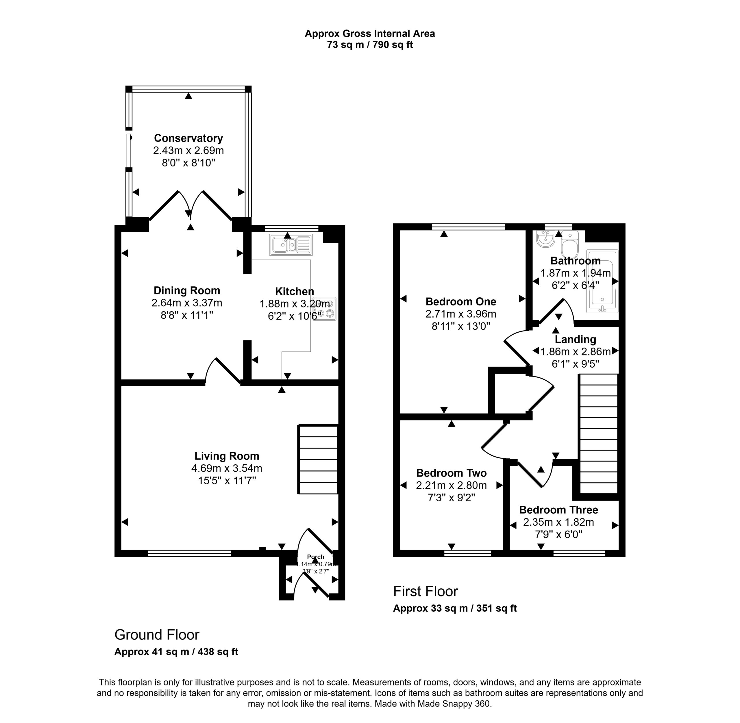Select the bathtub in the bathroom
(602, 281)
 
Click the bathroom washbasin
(546, 239)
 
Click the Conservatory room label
(188, 138)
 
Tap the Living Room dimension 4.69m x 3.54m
(227, 468)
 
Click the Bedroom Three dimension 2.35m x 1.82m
(558, 522)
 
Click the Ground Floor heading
(157, 635)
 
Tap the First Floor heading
(425, 591)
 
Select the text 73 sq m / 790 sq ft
(370, 45)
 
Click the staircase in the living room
(318, 459)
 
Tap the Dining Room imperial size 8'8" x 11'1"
(187, 315)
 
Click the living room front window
(189, 554)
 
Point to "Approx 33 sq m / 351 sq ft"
(455, 608)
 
